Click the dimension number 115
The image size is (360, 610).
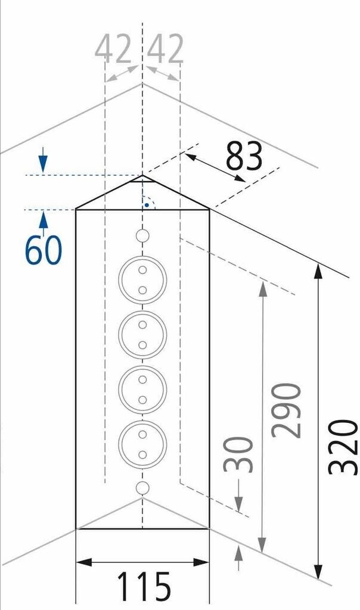click(x=143, y=586)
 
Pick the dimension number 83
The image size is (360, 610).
click(x=244, y=156)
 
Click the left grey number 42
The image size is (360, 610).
click(x=113, y=50)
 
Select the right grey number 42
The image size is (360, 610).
click(x=166, y=50)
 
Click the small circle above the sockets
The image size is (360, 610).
click(x=142, y=236)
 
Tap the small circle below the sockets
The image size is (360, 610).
click(x=142, y=488)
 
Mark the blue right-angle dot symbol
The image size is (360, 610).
click(x=145, y=205)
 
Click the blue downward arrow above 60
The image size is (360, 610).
click(x=43, y=163)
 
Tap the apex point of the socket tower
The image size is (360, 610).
click(x=142, y=176)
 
